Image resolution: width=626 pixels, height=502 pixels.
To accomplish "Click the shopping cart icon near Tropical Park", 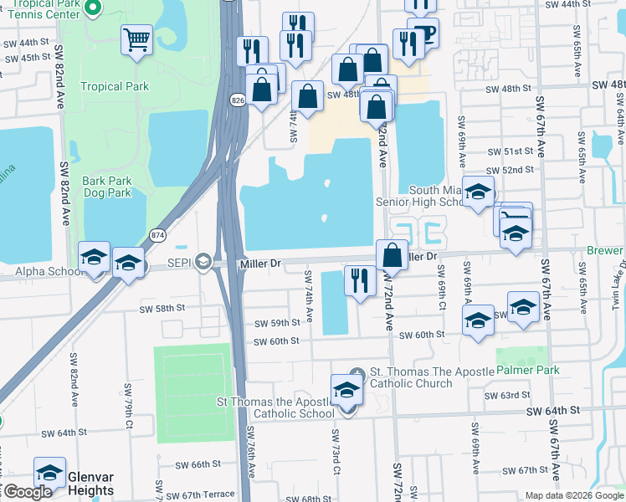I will pos(136,38).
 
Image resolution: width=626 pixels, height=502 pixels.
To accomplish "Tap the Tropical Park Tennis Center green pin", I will pos(93,9).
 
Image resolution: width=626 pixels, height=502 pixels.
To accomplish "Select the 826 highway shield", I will pos(239,100).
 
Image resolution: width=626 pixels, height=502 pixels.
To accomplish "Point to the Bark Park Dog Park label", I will pos(107,187).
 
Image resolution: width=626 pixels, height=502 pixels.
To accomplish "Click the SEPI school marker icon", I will pos(202,263).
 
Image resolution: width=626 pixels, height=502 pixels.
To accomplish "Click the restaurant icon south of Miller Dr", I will pos(360,280).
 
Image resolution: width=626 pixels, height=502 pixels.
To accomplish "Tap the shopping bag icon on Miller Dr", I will pos(392,254).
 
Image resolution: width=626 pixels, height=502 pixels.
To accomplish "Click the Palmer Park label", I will pos(527,369).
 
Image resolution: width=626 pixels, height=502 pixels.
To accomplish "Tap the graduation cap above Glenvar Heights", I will pos(49,473).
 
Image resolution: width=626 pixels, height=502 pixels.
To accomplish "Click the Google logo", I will pos(27,492).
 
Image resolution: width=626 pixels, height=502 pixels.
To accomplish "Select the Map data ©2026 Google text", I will pos(573,495).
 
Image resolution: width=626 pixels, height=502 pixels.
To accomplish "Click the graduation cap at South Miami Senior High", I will pos(479,193).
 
